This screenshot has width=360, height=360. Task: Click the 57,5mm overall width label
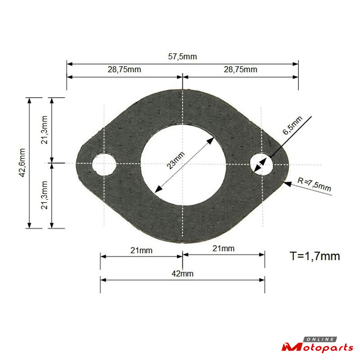point(182,57)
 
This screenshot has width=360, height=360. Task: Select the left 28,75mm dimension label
point(124,69)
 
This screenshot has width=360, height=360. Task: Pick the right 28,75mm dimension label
point(240,69)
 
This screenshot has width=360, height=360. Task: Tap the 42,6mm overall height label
point(22,162)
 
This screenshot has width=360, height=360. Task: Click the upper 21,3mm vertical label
point(44,130)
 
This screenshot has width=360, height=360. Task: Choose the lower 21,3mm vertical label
point(44,195)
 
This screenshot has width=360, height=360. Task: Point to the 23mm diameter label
point(175,160)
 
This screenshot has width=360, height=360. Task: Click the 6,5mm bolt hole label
point(292,126)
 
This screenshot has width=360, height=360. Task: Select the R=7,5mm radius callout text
point(314,184)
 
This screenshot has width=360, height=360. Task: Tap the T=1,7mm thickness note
point(315,256)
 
